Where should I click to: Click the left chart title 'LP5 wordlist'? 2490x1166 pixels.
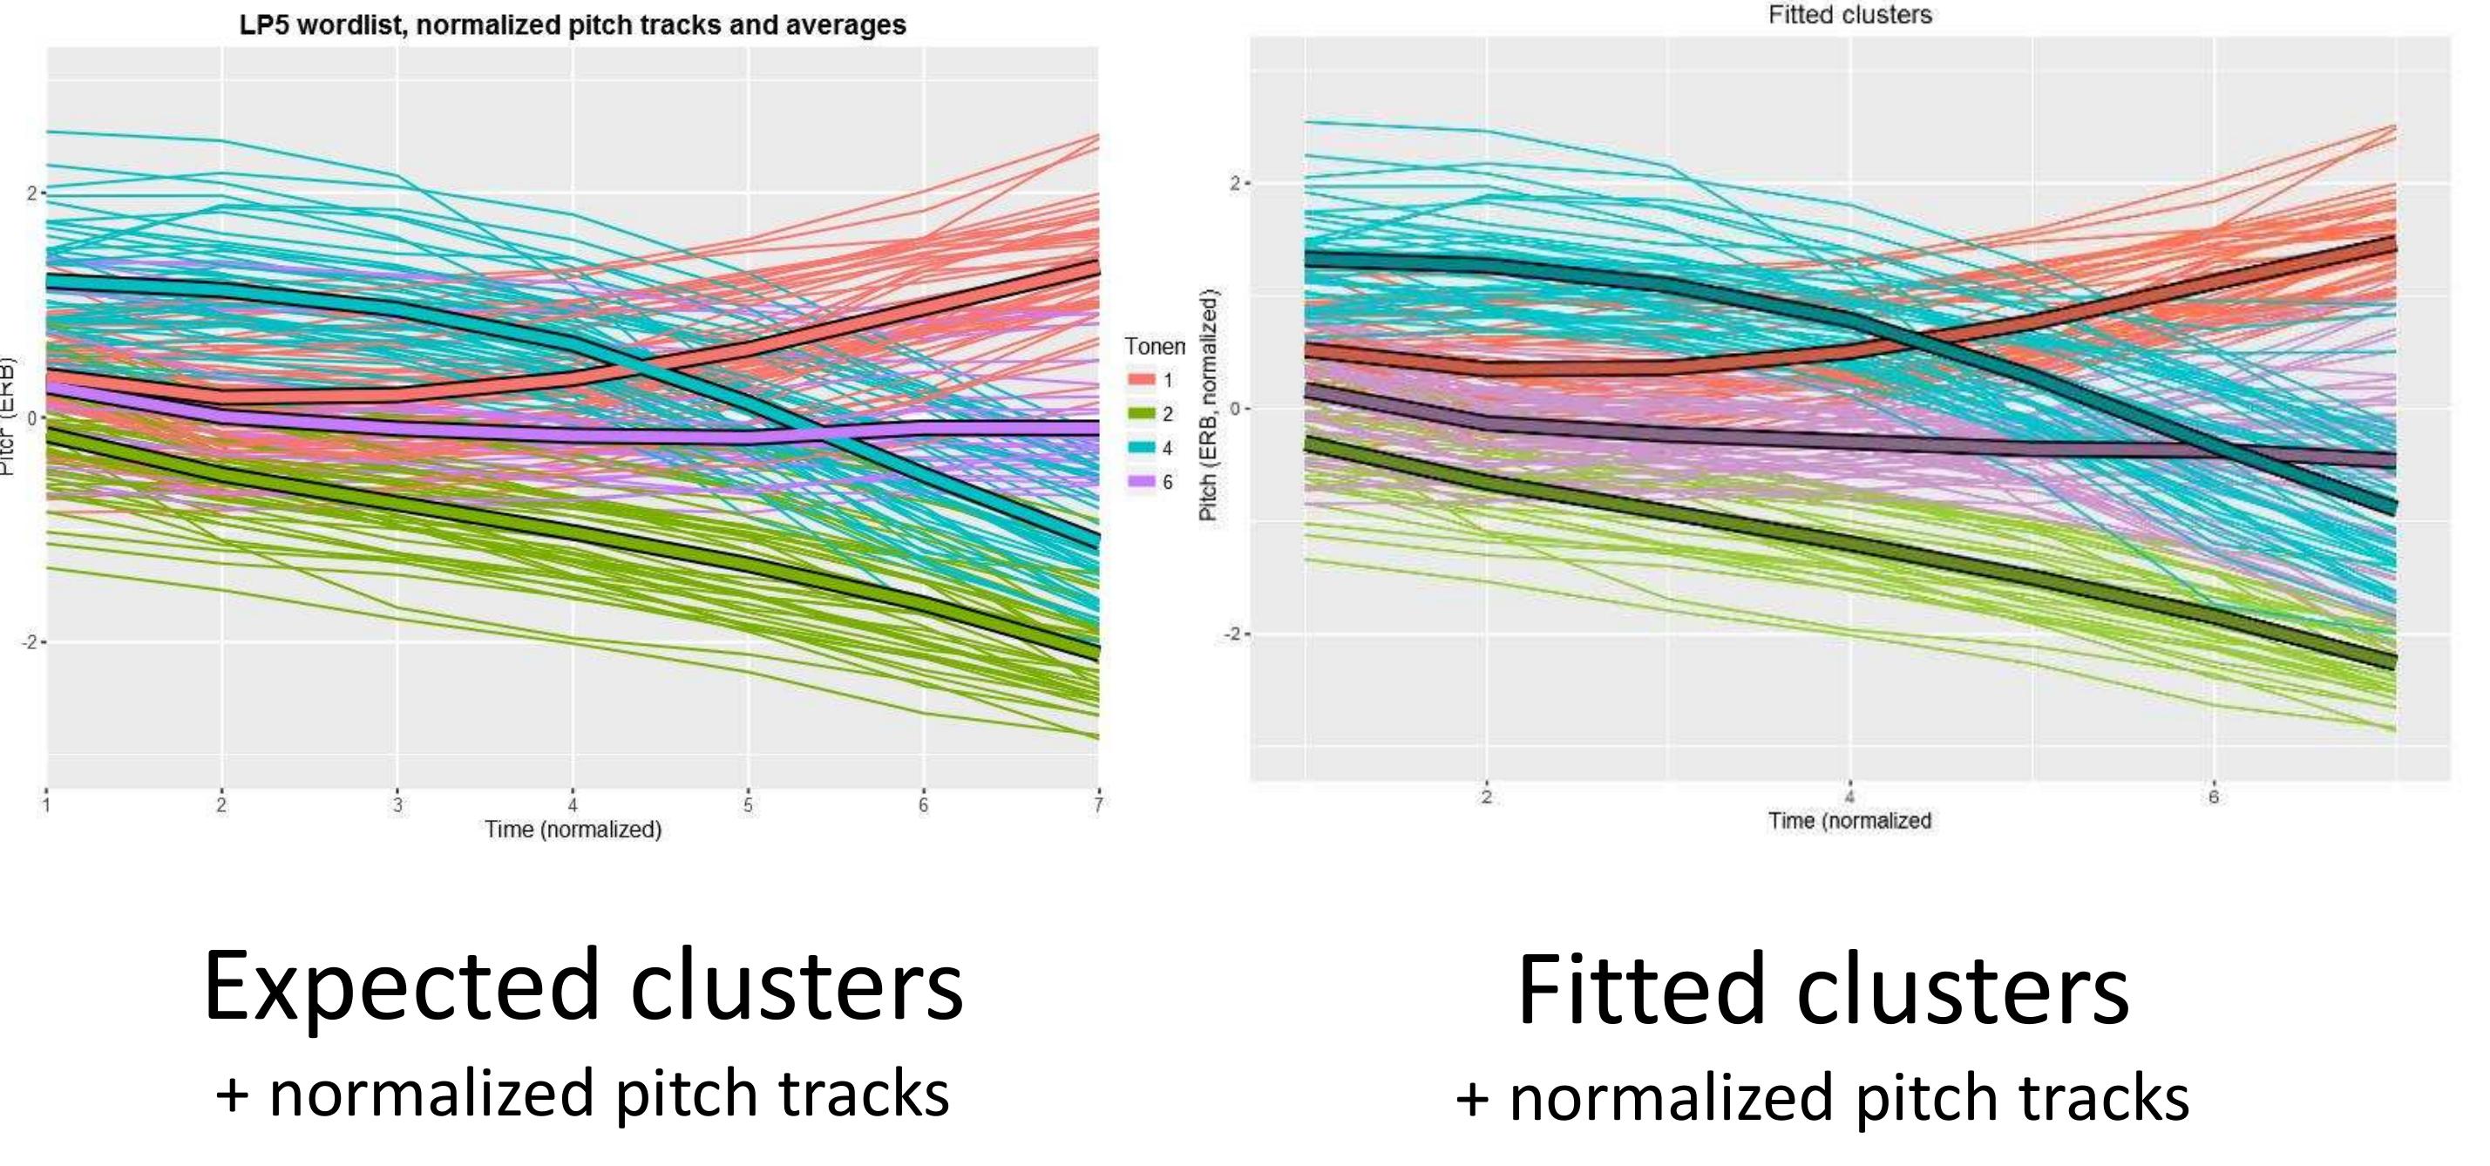coord(573,25)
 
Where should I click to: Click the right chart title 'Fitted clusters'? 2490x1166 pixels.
coord(1849,15)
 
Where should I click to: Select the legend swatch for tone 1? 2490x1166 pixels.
coord(1142,380)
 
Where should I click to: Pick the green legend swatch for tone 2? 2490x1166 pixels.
coord(1142,414)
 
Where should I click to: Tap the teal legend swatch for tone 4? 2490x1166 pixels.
coord(1142,448)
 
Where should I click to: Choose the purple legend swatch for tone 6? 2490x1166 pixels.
coord(1142,482)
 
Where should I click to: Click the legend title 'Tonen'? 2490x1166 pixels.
coord(1154,346)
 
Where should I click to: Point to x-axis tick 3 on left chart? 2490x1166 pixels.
coord(397,804)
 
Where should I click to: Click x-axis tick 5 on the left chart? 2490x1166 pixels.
coord(747,804)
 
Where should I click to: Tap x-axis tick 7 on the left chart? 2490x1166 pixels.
coord(1098,804)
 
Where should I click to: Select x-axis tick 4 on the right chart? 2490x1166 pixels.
coord(1849,797)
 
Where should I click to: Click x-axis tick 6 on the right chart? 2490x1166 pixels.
coord(2213,797)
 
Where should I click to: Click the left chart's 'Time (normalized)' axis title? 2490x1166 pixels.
coord(573,830)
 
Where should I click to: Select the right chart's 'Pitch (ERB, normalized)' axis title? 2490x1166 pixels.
coord(1208,406)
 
